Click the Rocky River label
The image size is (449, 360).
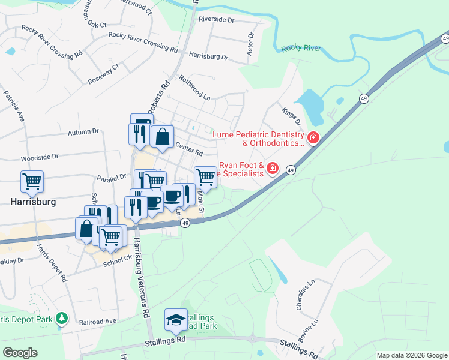click(x=301, y=48)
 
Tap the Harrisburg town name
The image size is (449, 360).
click(x=34, y=202)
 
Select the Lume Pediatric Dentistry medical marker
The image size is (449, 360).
click(x=313, y=139)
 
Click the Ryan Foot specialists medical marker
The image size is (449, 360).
click(x=273, y=167)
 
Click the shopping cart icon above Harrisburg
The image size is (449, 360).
click(x=32, y=180)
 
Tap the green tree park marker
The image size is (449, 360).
click(x=61, y=317)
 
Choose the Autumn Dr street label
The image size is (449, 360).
click(x=83, y=131)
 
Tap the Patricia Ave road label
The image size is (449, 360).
click(x=14, y=105)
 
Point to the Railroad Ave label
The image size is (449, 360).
click(x=98, y=322)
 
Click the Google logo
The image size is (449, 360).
click(x=20, y=353)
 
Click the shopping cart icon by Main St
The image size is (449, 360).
click(x=206, y=176)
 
